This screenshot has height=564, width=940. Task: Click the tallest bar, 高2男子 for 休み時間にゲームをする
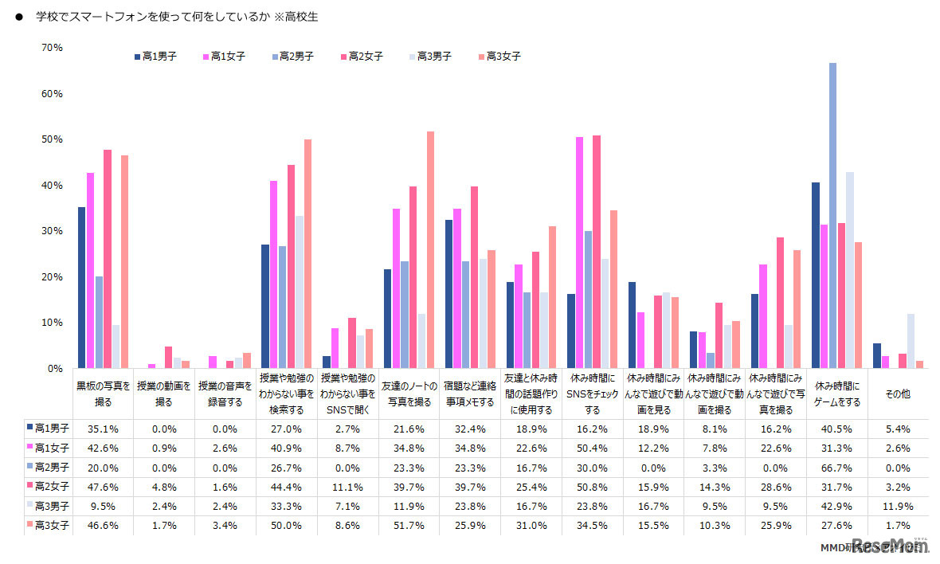coord(832,215)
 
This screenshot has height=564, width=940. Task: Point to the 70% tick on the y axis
coord(52,48)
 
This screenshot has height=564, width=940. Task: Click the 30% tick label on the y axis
coord(52,231)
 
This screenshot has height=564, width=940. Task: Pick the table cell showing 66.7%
coord(836,467)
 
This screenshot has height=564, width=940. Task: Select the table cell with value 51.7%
coord(407,525)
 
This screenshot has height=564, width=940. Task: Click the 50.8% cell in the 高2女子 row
coord(592,487)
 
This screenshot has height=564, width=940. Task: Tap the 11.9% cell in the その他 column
coord(898,506)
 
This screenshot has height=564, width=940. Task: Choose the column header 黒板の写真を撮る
coord(101,394)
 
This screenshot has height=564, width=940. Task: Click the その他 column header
coord(898,394)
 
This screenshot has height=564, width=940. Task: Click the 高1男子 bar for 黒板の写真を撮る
coord(81,288)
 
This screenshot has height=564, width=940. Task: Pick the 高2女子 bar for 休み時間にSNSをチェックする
coord(597,252)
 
